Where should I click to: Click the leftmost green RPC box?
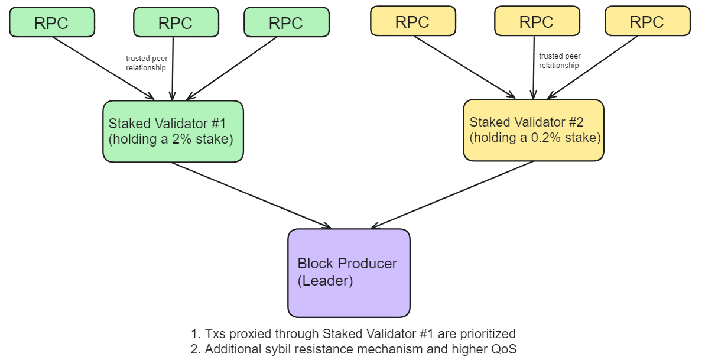(52, 22)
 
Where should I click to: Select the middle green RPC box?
(176, 22)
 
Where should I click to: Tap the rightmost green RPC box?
(286, 22)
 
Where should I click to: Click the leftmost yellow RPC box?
(412, 21)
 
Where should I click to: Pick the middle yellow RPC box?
(536, 21)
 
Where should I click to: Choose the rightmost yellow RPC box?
(647, 21)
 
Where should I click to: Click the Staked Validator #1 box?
(173, 131)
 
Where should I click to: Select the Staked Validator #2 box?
(533, 130)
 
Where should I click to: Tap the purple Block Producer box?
(349, 273)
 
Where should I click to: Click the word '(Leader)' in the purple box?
(325, 281)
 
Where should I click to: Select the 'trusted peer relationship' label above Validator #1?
(145, 63)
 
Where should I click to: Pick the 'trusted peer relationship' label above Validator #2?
(559, 61)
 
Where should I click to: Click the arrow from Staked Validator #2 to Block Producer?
(452, 194)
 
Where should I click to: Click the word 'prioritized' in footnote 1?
(483, 333)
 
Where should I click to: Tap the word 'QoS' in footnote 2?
(503, 349)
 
